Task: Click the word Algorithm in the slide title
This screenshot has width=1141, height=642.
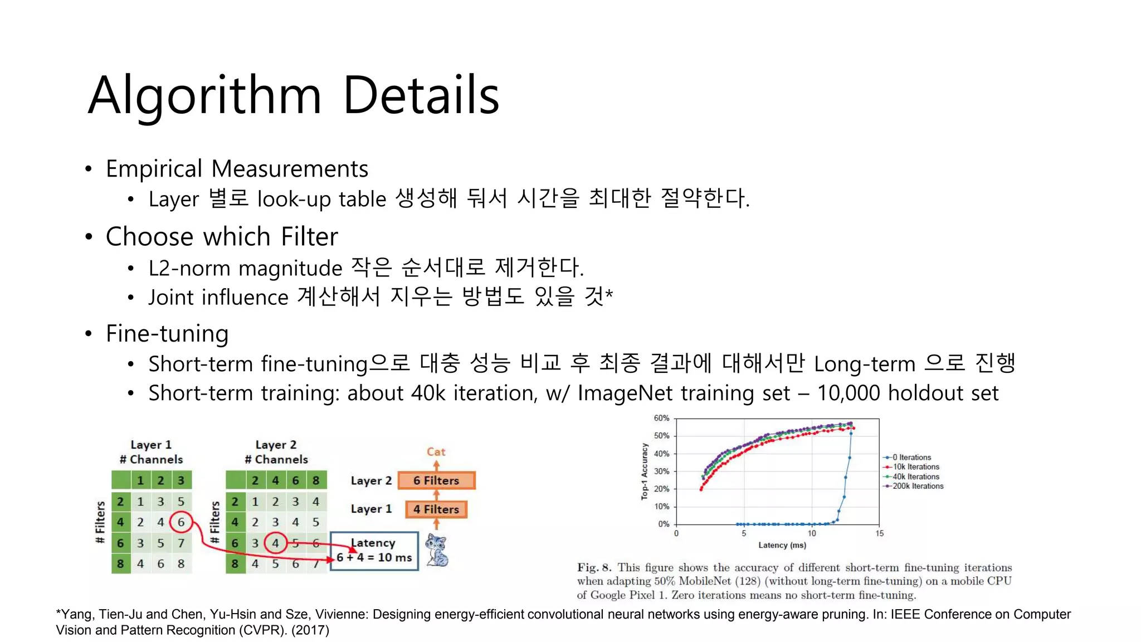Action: tap(204, 96)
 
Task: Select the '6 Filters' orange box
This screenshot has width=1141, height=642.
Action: tap(436, 480)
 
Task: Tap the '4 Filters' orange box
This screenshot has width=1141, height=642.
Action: tap(436, 509)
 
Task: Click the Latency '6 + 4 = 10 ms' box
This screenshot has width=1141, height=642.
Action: tap(374, 551)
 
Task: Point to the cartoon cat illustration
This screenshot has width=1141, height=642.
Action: tap(437, 550)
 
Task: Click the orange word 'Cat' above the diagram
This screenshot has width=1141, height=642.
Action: tap(436, 452)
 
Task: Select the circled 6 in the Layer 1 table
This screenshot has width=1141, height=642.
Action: tap(181, 522)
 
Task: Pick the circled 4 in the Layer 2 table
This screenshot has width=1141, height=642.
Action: tap(275, 543)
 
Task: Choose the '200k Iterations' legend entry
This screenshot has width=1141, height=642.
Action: tap(918, 486)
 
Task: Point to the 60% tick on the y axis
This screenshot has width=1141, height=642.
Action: tap(662, 418)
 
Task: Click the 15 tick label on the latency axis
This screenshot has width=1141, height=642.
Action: tap(879, 533)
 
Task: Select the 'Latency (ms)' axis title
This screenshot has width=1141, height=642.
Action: tap(782, 545)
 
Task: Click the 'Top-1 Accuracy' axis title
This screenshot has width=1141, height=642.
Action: tap(645, 471)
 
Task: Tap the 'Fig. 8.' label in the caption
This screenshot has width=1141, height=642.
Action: tap(594, 567)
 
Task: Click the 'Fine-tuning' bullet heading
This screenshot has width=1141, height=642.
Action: tap(167, 334)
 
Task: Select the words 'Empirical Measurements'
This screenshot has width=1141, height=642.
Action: tap(237, 169)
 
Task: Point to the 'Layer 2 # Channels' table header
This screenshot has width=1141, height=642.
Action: tap(276, 452)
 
